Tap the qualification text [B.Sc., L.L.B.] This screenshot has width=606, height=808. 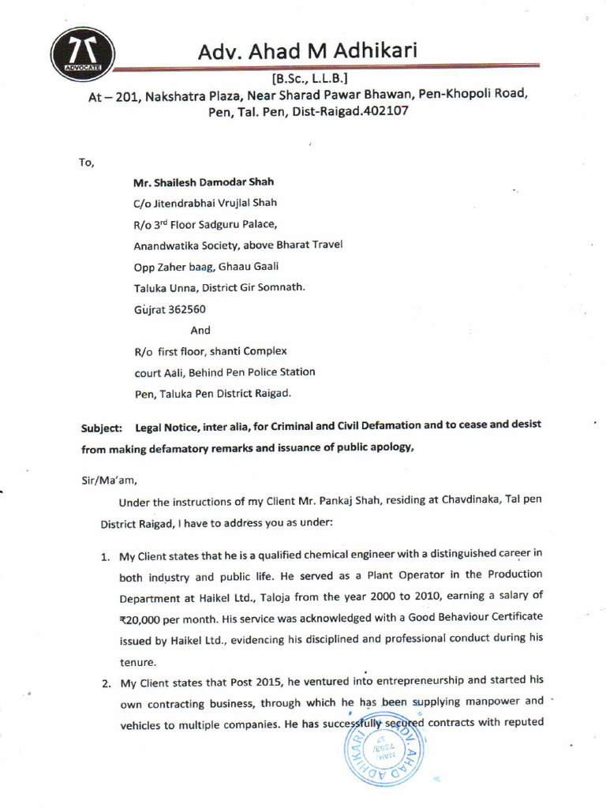[x=305, y=79]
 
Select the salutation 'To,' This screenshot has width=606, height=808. [x=86, y=163]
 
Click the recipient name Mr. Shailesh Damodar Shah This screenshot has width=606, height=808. [x=204, y=181]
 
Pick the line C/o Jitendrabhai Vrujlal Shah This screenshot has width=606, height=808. [x=205, y=203]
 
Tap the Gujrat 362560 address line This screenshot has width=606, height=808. [x=170, y=309]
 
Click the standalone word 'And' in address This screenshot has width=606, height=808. [x=200, y=330]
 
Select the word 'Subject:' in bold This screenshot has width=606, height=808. [x=102, y=428]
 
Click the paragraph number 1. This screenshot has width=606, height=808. [x=104, y=556]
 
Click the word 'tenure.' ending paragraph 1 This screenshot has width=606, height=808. [x=138, y=661]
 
